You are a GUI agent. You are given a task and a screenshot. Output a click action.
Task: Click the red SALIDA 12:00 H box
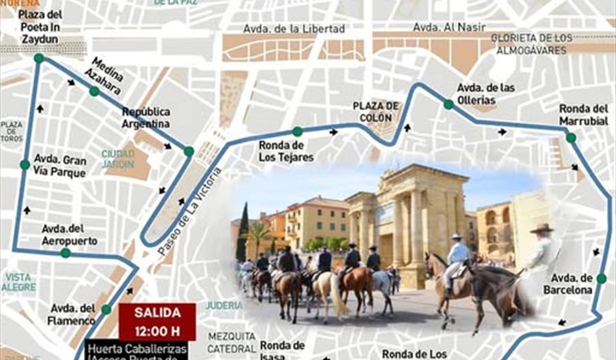coord(157,321)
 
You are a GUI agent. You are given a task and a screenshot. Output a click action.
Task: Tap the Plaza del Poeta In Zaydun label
coord(40,27)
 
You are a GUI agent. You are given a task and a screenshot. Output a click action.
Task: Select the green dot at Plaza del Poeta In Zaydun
coord(39,58)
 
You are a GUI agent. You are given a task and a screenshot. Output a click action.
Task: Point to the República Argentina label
coord(146,117)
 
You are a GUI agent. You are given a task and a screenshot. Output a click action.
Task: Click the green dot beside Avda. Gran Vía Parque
coord(25,164)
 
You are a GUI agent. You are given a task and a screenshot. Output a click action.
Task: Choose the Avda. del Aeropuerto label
coord(70,235)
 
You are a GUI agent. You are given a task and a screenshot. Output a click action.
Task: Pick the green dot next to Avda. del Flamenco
coord(106,309)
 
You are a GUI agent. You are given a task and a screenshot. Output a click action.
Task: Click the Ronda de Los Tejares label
coord(286,151)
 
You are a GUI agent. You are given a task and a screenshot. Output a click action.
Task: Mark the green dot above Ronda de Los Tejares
coord(297,132)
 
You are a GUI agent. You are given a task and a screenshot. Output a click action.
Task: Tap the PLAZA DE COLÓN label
coord(375,112)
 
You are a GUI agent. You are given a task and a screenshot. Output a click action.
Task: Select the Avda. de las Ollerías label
coord(485,93)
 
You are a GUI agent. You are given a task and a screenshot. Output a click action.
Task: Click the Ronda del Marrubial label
coord(583,114)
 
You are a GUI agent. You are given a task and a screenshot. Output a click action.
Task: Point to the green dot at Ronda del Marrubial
coord(570,138)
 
